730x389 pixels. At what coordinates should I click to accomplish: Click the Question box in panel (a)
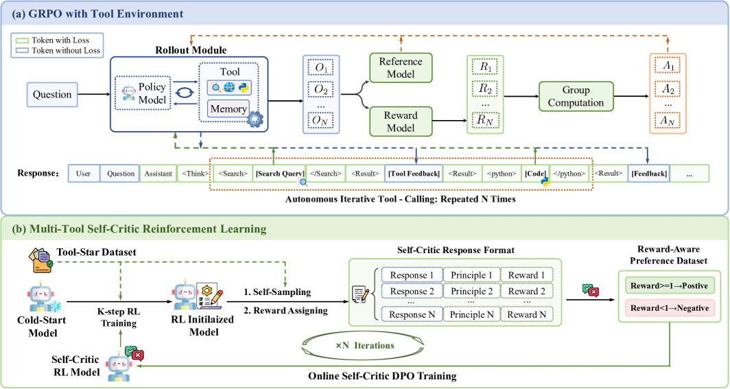pyautogui.click(x=52, y=95)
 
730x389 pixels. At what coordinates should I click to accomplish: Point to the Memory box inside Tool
pyautogui.click(x=228, y=109)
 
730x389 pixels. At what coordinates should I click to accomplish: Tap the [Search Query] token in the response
pyautogui.click(x=279, y=174)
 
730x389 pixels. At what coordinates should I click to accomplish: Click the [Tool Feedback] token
pyautogui.click(x=414, y=174)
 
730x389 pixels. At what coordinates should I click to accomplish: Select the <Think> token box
pyautogui.click(x=194, y=174)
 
